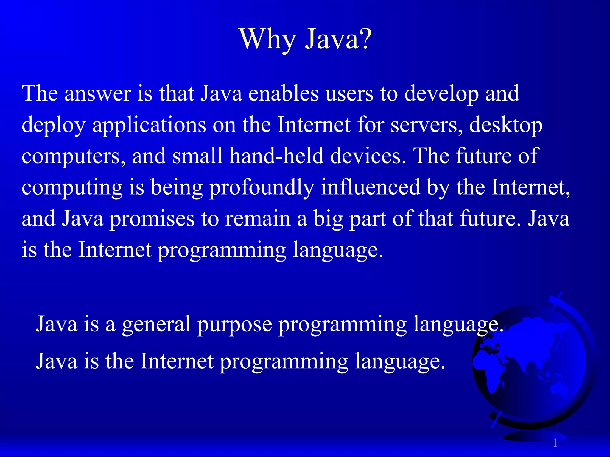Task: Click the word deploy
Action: [x=54, y=126]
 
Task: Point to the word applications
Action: [x=149, y=126]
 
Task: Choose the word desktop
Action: [x=506, y=126]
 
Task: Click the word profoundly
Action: [x=262, y=188]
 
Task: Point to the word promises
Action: [x=152, y=219]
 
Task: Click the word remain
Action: [x=258, y=219]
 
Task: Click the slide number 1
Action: [x=555, y=443]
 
